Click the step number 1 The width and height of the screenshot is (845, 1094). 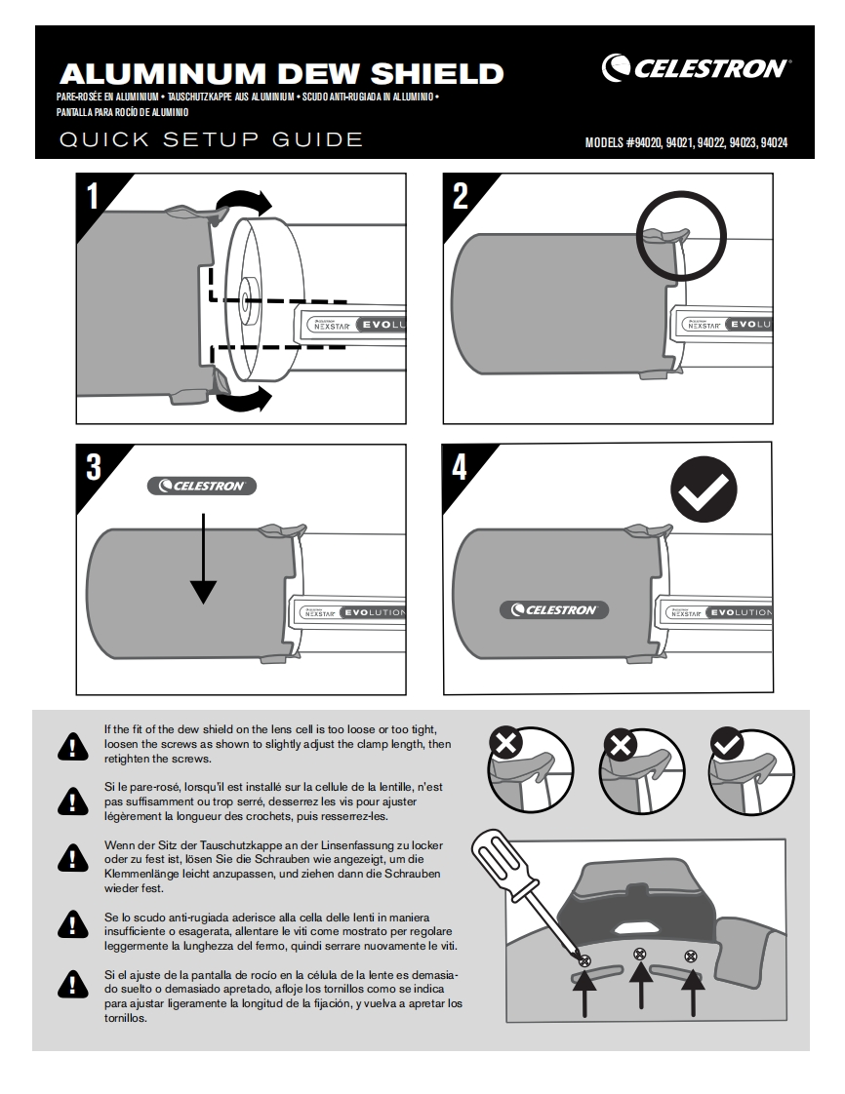pyautogui.click(x=94, y=198)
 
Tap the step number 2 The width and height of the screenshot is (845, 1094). pyautogui.click(x=461, y=197)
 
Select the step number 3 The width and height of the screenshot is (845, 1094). pyautogui.click(x=94, y=467)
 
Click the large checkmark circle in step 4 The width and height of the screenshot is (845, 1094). pyautogui.click(x=704, y=493)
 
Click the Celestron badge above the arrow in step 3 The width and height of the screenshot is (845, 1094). pyautogui.click(x=202, y=485)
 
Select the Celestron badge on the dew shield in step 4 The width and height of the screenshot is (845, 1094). pyautogui.click(x=554, y=609)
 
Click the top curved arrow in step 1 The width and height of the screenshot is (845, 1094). pyautogui.click(x=245, y=203)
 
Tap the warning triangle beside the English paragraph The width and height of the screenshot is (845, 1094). pyautogui.click(x=71, y=746)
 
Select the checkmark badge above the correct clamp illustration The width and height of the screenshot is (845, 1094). pyautogui.click(x=726, y=744)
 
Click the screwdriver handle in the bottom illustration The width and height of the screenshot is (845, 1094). pyautogui.click(x=500, y=859)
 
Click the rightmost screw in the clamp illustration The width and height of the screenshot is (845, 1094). pyautogui.click(x=692, y=956)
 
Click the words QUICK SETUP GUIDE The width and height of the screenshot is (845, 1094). pyautogui.click(x=211, y=139)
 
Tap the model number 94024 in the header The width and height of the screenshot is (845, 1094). pyautogui.click(x=773, y=142)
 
